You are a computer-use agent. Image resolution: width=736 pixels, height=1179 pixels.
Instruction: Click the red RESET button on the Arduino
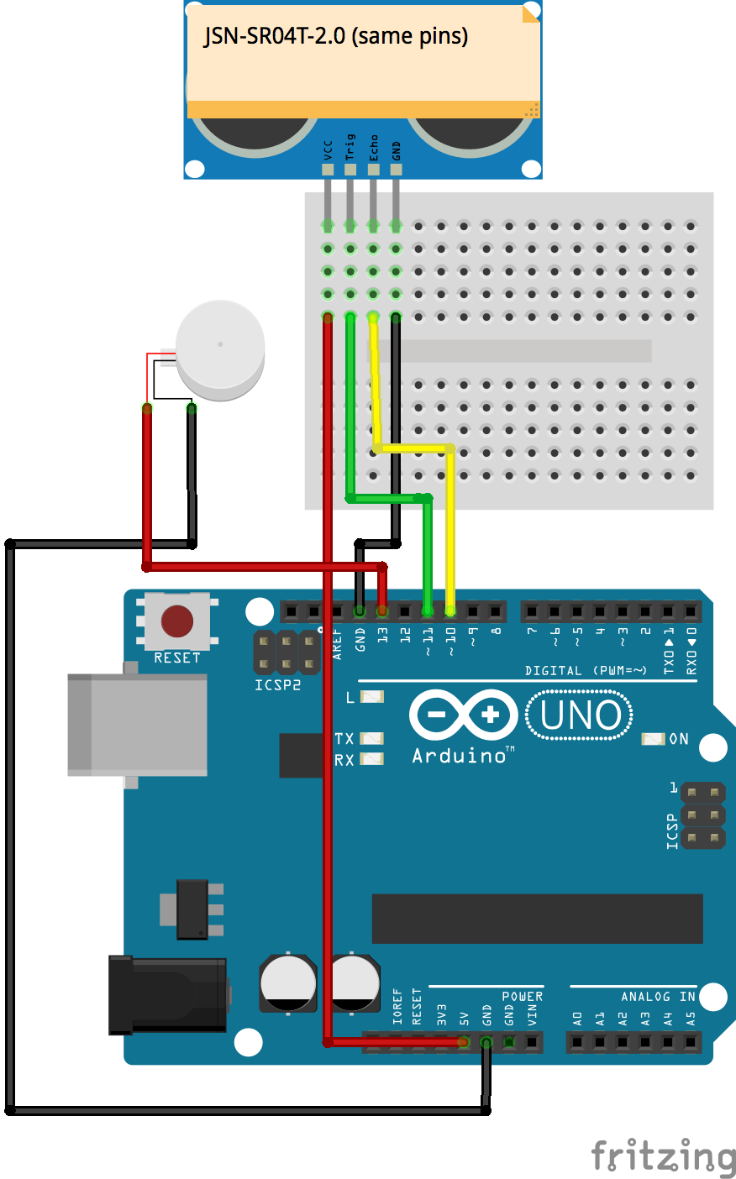coord(177,621)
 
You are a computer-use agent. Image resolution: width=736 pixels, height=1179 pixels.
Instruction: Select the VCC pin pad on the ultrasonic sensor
coord(328,170)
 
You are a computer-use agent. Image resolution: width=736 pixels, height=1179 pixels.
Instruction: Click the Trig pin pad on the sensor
coord(350,170)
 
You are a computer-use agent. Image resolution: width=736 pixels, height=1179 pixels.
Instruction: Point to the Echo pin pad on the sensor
coord(373,170)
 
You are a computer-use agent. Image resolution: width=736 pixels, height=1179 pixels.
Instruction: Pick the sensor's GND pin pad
coord(396,170)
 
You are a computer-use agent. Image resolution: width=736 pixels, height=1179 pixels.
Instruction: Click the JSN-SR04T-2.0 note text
coord(336,36)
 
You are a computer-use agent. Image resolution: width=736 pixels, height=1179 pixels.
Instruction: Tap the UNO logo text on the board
coord(580,715)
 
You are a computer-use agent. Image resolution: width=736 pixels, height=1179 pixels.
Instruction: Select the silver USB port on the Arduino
coord(138,725)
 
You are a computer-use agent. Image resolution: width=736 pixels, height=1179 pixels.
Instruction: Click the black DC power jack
coord(167,995)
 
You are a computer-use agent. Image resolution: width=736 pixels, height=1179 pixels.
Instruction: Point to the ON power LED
coord(653,739)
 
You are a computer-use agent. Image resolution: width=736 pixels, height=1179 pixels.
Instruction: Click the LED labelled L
coord(371,697)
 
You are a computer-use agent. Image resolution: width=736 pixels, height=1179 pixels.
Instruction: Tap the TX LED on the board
coord(371,738)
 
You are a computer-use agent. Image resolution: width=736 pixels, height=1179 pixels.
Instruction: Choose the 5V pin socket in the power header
coord(463,1042)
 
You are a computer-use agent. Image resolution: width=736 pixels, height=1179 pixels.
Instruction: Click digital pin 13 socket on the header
coord(382,611)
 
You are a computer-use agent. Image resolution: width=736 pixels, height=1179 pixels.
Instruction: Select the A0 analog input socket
coord(577,1042)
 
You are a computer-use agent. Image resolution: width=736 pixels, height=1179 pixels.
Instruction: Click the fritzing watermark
coord(664,1155)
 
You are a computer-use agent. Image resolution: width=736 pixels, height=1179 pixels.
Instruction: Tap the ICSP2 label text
coord(277,684)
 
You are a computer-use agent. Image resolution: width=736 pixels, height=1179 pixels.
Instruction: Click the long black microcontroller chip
coord(538,919)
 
